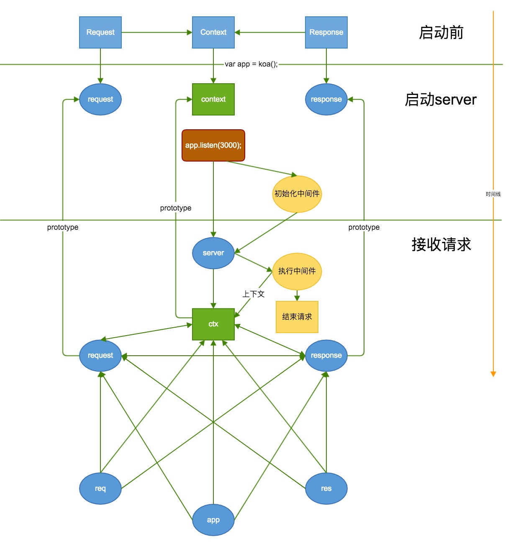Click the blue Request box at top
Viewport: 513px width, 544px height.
point(100,32)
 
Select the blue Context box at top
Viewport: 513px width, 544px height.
point(213,32)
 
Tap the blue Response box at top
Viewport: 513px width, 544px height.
point(326,32)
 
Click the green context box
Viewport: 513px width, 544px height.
point(213,99)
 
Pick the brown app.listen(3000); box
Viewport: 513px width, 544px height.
point(213,145)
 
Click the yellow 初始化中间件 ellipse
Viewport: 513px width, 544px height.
point(297,194)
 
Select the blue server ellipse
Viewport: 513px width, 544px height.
point(213,253)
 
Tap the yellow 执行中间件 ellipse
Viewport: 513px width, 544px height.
point(297,271)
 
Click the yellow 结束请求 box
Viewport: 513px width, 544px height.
point(297,317)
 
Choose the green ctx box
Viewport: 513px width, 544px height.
point(213,324)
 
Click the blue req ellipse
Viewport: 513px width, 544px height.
point(100,488)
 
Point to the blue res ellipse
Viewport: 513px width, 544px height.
point(326,488)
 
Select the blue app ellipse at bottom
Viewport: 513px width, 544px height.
point(213,520)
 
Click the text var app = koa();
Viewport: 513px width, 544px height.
point(251,64)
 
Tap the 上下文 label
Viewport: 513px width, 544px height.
point(254,294)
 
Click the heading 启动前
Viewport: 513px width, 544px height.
point(441,32)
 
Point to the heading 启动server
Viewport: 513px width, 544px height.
point(441,100)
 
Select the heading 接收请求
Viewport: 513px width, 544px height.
point(441,244)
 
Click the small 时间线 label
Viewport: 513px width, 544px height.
point(493,194)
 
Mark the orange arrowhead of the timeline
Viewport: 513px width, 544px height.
point(493,374)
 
